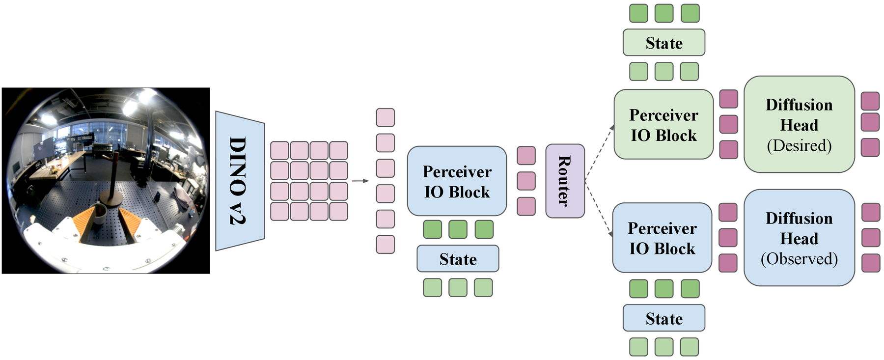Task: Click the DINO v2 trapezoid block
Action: (x=240, y=181)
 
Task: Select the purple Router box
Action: (x=565, y=181)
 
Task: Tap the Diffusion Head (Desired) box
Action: (x=799, y=124)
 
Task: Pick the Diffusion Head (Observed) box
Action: (x=799, y=238)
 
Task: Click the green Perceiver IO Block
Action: (x=663, y=124)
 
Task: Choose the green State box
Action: (x=664, y=43)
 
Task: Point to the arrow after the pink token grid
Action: (x=360, y=181)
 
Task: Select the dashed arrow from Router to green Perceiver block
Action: (x=600, y=153)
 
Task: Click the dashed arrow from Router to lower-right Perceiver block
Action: (x=599, y=209)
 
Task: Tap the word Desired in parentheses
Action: (x=799, y=145)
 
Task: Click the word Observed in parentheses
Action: (x=799, y=259)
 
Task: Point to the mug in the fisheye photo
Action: (x=100, y=214)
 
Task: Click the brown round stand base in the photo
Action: (x=111, y=198)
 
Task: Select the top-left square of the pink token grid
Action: (x=279, y=150)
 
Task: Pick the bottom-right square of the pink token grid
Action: (x=338, y=211)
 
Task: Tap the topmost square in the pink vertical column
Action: (x=386, y=117)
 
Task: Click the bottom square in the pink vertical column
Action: (x=386, y=245)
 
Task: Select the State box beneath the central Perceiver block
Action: (x=458, y=259)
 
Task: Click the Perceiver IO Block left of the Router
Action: (x=457, y=181)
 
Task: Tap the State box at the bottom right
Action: (x=664, y=318)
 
